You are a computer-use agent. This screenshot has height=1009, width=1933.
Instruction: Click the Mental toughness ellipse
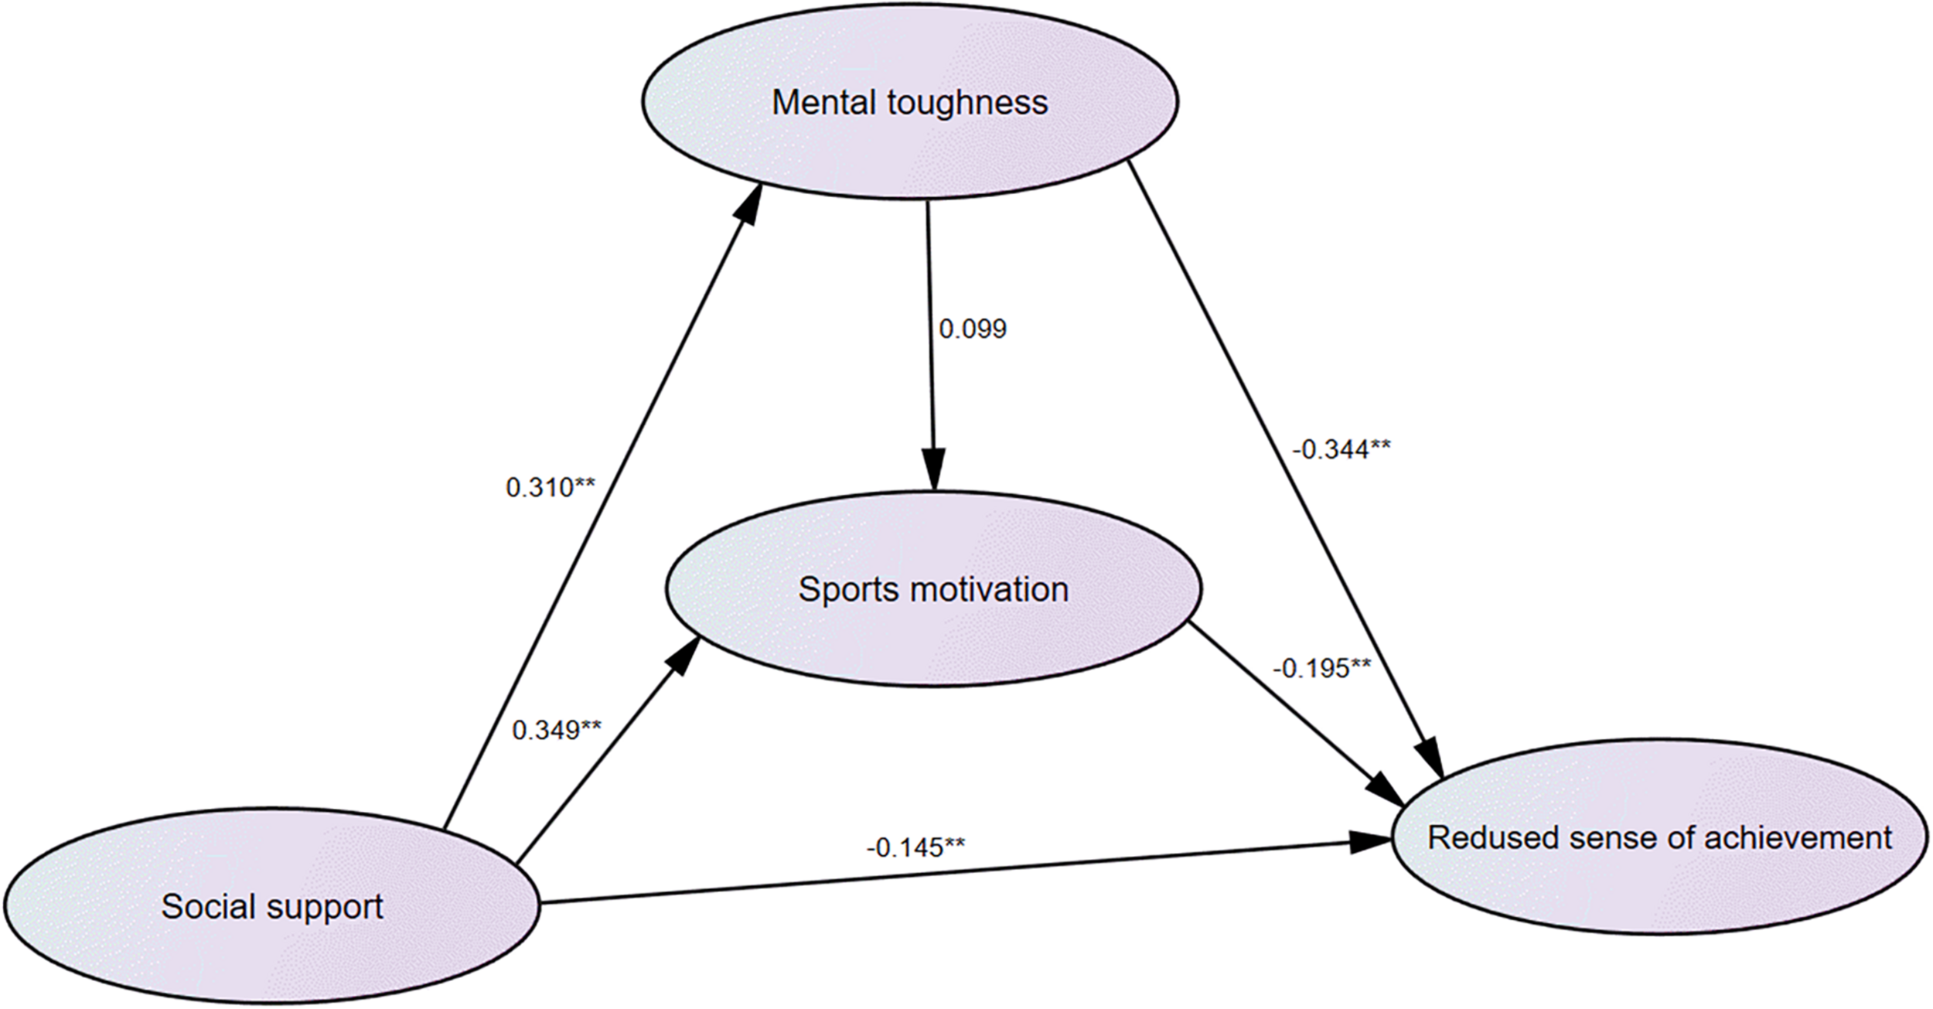coord(909,102)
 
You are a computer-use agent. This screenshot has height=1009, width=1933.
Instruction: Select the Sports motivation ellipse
coord(933,589)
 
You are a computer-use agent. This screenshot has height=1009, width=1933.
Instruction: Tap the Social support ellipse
coord(271,906)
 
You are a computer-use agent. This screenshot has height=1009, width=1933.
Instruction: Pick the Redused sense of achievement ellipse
coord(1660,837)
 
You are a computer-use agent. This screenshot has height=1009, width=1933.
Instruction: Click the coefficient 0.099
coord(973,329)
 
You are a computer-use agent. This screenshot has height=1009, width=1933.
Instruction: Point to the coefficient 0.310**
coord(551,487)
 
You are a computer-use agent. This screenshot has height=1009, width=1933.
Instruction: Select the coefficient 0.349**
coord(557,729)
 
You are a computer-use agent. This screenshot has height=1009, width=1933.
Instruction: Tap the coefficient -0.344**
coord(1341,449)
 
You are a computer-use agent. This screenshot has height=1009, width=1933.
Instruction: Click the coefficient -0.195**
coord(1322,668)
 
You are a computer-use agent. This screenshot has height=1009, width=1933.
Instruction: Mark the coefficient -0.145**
coord(915,847)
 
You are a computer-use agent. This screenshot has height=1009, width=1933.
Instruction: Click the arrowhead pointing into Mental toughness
coord(750,203)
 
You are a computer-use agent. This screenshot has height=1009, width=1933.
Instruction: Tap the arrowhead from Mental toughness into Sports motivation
coord(934,472)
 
